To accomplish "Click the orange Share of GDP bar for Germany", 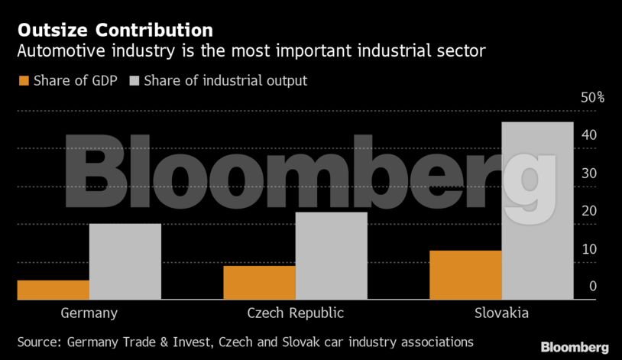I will tap(53, 290).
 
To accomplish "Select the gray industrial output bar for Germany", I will tap(125, 261).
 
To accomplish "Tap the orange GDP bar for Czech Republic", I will tap(259, 282).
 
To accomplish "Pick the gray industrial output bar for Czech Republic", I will tap(331, 255).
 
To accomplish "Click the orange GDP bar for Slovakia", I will tap(465, 274).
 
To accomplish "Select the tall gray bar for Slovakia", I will tap(537, 210).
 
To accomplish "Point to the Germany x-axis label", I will tap(89, 313).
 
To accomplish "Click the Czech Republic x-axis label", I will tap(296, 313).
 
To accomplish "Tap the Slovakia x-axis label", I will tap(501, 313).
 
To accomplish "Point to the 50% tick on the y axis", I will tap(592, 98).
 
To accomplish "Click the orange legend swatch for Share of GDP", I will tap(23, 80).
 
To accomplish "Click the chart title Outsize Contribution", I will tap(115, 31).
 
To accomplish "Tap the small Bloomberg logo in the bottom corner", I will tap(575, 347).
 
